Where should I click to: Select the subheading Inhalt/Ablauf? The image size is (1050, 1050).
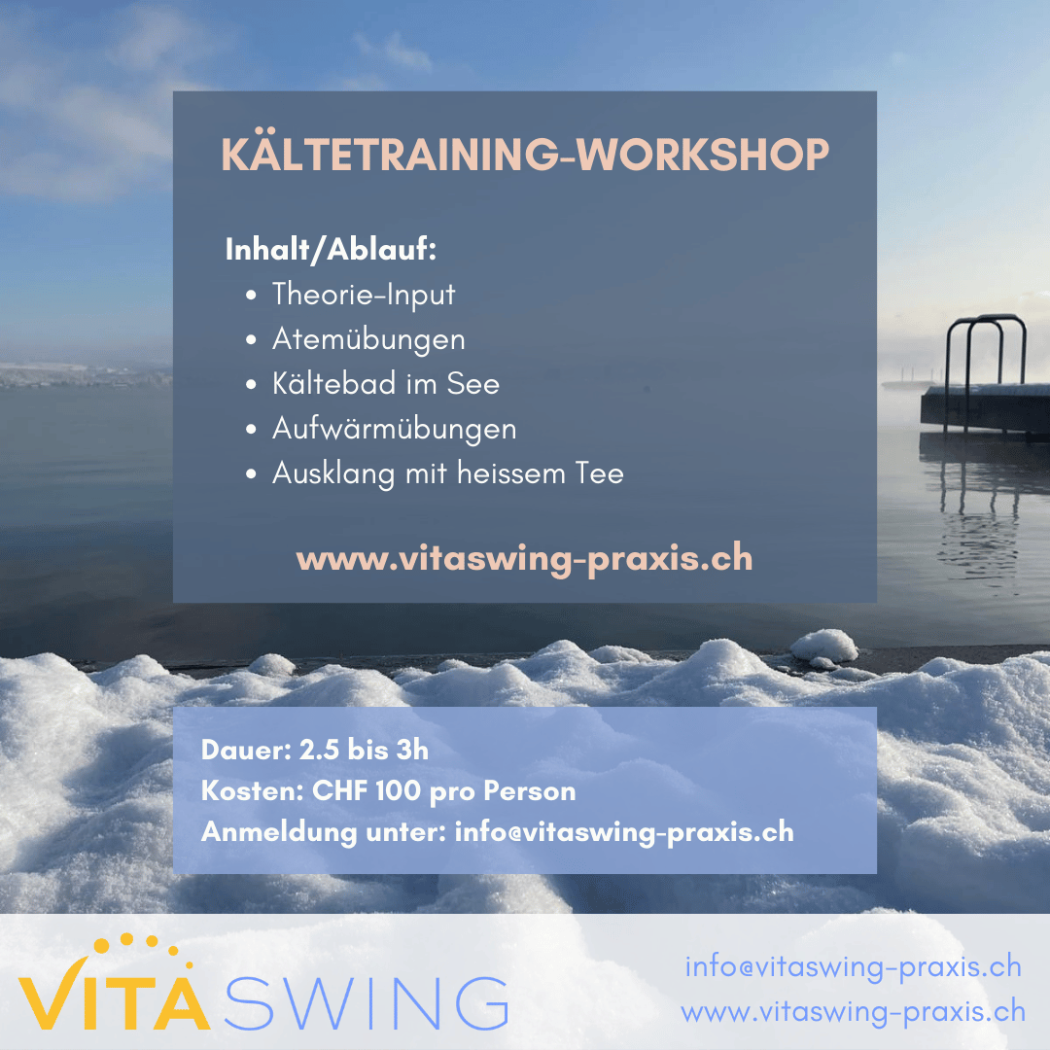tap(331, 249)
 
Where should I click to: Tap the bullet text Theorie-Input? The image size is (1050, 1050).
tap(364, 295)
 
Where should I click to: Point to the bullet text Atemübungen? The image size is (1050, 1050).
tap(368, 339)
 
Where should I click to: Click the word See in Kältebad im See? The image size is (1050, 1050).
tap(472, 384)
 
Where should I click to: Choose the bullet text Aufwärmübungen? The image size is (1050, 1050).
tap(395, 429)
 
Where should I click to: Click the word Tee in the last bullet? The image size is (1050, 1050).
tap(599, 473)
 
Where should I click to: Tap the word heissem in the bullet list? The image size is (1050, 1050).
tap(511, 472)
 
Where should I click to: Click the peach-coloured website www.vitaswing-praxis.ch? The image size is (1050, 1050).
tap(525, 558)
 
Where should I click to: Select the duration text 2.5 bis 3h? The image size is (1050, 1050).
tap(364, 750)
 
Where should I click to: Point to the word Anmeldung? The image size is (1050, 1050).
tap(279, 832)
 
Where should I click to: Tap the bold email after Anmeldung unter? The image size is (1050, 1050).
tap(624, 832)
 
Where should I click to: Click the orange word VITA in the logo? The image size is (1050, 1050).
tap(114, 997)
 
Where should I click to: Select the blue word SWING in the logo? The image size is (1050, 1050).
tap(366, 1002)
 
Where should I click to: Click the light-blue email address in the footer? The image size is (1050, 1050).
tap(854, 967)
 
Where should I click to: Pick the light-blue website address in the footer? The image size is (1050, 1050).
tap(854, 1011)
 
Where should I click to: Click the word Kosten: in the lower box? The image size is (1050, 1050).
tap(253, 790)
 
